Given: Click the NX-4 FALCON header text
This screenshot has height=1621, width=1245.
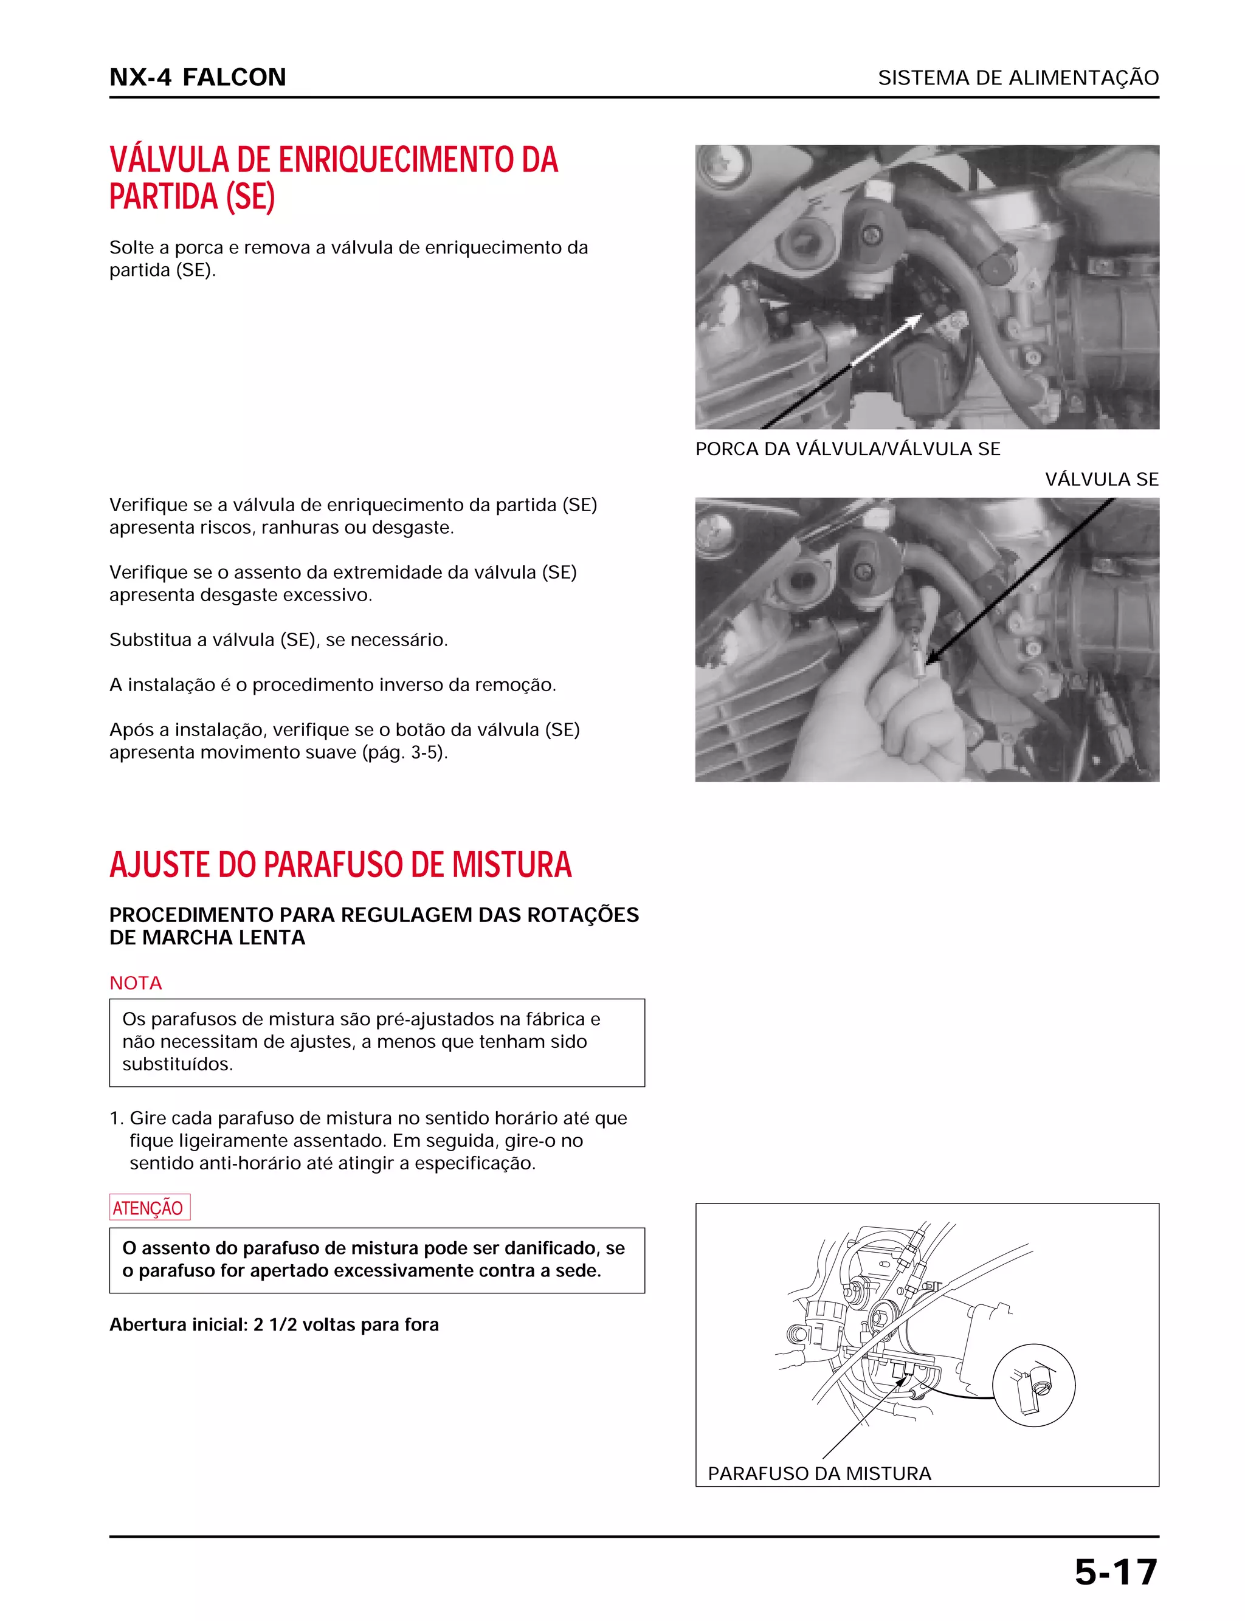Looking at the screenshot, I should [x=197, y=77].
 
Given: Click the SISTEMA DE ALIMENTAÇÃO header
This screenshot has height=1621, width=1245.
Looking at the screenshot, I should [x=1018, y=78].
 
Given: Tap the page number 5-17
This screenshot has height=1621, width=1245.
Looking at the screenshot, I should [x=1116, y=1572].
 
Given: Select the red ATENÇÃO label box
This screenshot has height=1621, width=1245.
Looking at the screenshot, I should [x=149, y=1208].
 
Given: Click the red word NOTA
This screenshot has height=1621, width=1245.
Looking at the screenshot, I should [x=136, y=983].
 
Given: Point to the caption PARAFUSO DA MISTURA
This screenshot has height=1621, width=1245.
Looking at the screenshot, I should [x=819, y=1473].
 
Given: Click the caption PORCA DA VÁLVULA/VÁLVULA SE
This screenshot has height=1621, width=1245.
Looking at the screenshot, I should [x=847, y=449].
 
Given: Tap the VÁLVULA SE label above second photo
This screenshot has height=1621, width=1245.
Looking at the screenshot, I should [x=1102, y=480].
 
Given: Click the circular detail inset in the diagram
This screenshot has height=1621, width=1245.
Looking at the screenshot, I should [x=1033, y=1385].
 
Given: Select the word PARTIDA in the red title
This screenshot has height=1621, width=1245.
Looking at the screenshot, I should [x=164, y=197].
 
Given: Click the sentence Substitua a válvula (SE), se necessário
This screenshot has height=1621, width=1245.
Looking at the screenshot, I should [x=278, y=640].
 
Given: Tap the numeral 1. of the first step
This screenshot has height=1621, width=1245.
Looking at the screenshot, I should [x=116, y=1119].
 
